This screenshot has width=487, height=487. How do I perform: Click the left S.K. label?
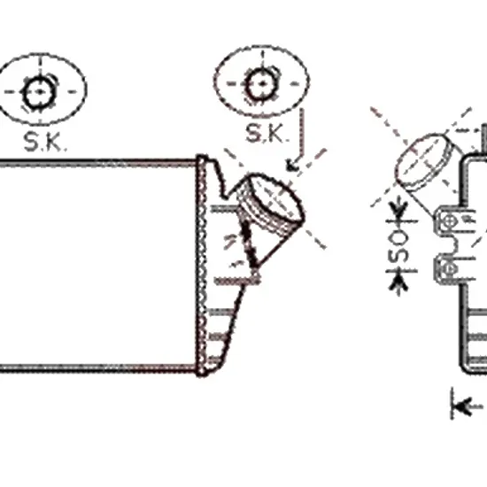coord(45,142)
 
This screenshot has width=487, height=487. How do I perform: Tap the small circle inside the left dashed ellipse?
coord(40,92)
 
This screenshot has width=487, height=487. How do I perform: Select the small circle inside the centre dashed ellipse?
coord(263,84)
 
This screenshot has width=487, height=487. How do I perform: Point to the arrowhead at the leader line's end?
coord(292,166)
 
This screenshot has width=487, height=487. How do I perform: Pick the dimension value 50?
coord(398,245)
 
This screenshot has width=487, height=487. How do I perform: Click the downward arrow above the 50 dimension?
coord(398,211)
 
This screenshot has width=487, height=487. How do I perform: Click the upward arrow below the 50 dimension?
coord(398,282)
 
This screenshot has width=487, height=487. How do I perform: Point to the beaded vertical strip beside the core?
coord(202,267)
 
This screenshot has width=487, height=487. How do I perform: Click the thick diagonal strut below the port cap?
coord(249,243)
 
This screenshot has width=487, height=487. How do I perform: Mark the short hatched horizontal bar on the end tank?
coord(237,282)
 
